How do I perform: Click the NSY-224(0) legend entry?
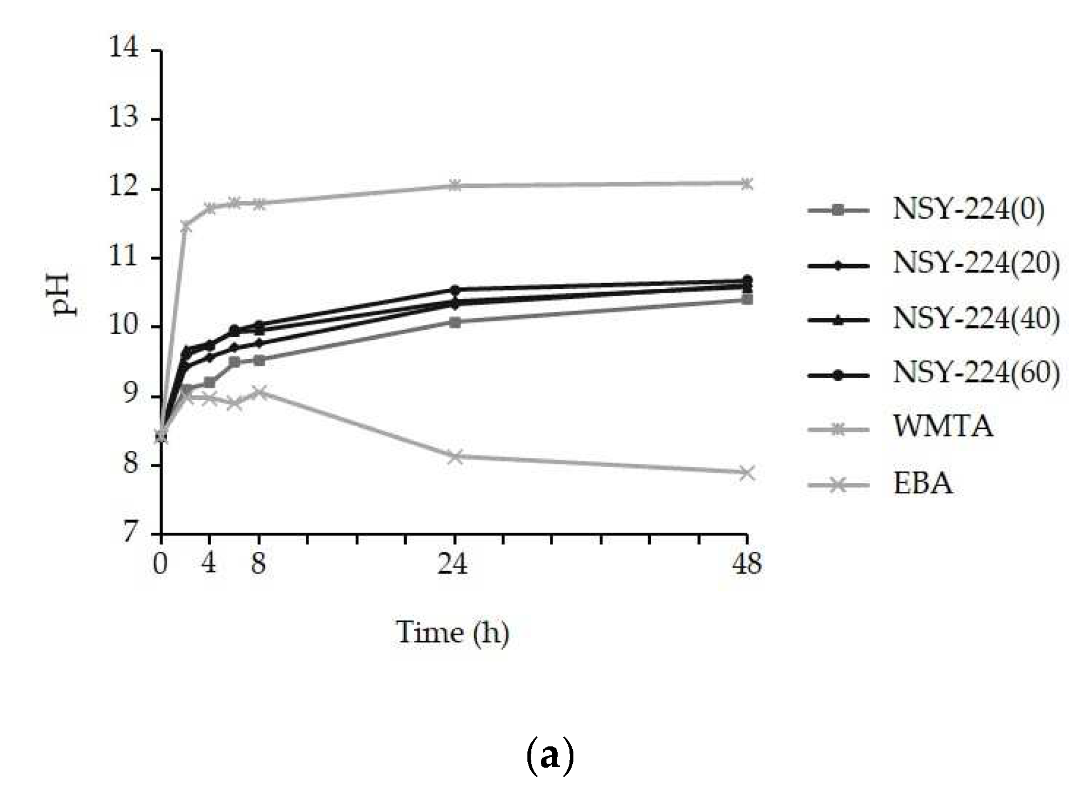click(x=968, y=210)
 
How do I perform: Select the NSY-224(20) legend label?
click(x=976, y=264)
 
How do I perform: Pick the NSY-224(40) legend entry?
click(x=976, y=319)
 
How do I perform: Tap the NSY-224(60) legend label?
click(x=976, y=373)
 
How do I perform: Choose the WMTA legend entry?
click(x=943, y=427)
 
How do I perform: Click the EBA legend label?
click(x=923, y=483)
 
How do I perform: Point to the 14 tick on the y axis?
click(x=124, y=47)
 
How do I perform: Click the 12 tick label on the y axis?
click(x=124, y=187)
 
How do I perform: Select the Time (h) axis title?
click(x=452, y=633)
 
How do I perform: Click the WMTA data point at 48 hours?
click(x=747, y=183)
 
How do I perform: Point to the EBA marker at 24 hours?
click(x=456, y=456)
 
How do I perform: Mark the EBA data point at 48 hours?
click(x=747, y=473)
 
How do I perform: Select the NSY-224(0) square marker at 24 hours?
click(x=456, y=322)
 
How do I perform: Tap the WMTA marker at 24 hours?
click(x=456, y=185)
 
